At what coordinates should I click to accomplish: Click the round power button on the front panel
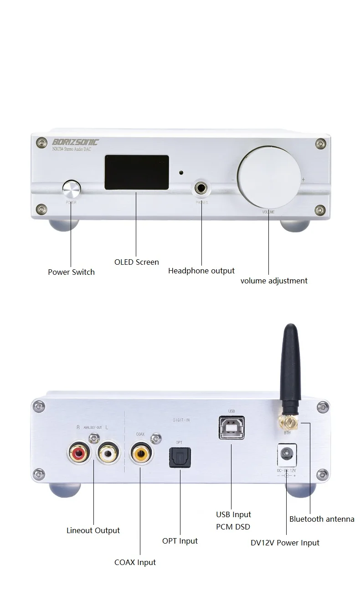72,188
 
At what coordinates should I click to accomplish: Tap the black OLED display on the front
137,172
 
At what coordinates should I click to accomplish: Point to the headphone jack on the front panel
201,188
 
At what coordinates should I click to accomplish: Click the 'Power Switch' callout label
71,272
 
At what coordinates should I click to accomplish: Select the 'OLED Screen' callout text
136,262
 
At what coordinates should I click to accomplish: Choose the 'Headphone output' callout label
201,271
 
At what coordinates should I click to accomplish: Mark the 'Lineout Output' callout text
93,530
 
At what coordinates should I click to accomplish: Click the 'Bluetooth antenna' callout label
322,519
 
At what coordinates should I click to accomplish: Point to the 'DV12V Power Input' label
285,543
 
